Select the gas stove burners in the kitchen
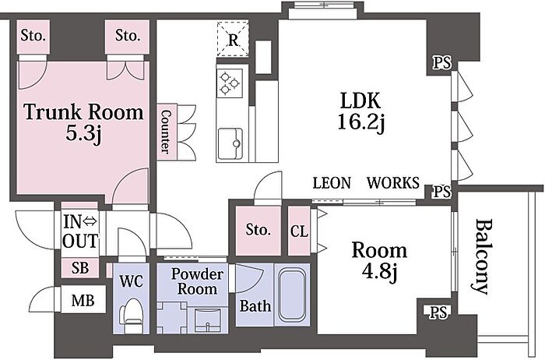[x=230, y=83]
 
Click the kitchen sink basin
[x=230, y=143]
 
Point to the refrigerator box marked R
[x=233, y=39]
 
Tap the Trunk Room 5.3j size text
[x=83, y=133]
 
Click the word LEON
[x=331, y=183]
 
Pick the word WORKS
[x=393, y=183]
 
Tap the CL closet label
[x=299, y=231]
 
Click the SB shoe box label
[x=80, y=267]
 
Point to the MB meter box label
[x=83, y=300]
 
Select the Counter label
[x=167, y=132]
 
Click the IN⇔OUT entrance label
[x=80, y=231]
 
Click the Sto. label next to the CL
[x=258, y=230]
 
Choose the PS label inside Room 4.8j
[x=438, y=312]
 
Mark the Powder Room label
[x=197, y=282]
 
